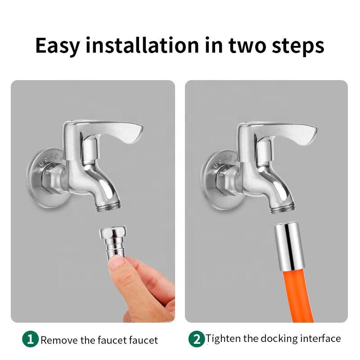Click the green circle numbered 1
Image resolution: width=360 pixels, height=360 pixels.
[x=30, y=339]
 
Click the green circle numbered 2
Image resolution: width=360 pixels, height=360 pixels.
[x=196, y=339]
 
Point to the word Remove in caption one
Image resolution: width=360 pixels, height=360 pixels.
[x=58, y=340]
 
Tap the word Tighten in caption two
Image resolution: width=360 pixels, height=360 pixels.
[x=224, y=338]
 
